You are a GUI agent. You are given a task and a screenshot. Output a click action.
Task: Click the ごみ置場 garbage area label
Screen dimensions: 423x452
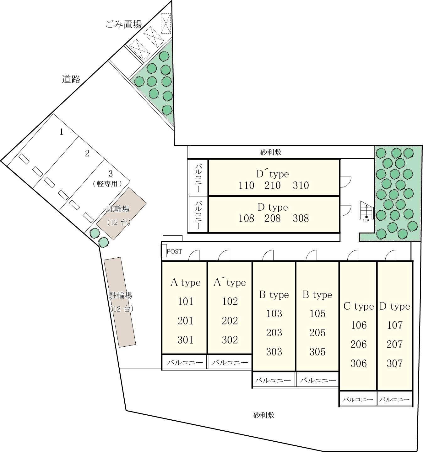pos(123,24)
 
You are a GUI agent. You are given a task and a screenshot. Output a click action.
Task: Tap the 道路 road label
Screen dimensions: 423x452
pos(71,79)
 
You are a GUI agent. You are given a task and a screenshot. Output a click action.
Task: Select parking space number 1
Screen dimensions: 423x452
pos(61,132)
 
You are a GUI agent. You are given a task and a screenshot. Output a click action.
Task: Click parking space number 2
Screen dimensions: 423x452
pos(87,153)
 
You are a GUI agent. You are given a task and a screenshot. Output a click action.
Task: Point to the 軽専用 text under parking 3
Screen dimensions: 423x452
pos(107,183)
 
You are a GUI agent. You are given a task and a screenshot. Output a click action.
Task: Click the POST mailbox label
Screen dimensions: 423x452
pos(175,251)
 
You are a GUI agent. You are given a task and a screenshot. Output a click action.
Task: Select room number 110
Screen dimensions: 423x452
pos(246,185)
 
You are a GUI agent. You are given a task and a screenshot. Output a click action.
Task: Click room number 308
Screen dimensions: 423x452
pos(301,218)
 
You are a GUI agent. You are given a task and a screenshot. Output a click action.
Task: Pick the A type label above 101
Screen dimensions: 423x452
pos(185,282)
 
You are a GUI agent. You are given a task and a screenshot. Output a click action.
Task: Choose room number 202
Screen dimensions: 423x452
pos(230,321)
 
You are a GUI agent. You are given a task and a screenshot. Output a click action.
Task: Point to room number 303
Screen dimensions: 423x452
pos(274,352)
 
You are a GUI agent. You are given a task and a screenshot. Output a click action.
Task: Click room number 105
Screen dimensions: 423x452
pos(317,313)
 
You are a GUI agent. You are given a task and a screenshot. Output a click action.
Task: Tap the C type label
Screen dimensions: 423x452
pos(359,306)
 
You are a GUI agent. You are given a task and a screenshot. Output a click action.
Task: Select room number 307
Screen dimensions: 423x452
pos(395,363)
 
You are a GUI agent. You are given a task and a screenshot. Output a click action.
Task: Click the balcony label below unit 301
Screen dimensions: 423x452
pos(185,362)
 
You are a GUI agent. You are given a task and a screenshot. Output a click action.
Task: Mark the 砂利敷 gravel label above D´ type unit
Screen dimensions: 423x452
pos(271,152)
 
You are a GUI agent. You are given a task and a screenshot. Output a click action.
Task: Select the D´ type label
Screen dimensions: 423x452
pos(273,174)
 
